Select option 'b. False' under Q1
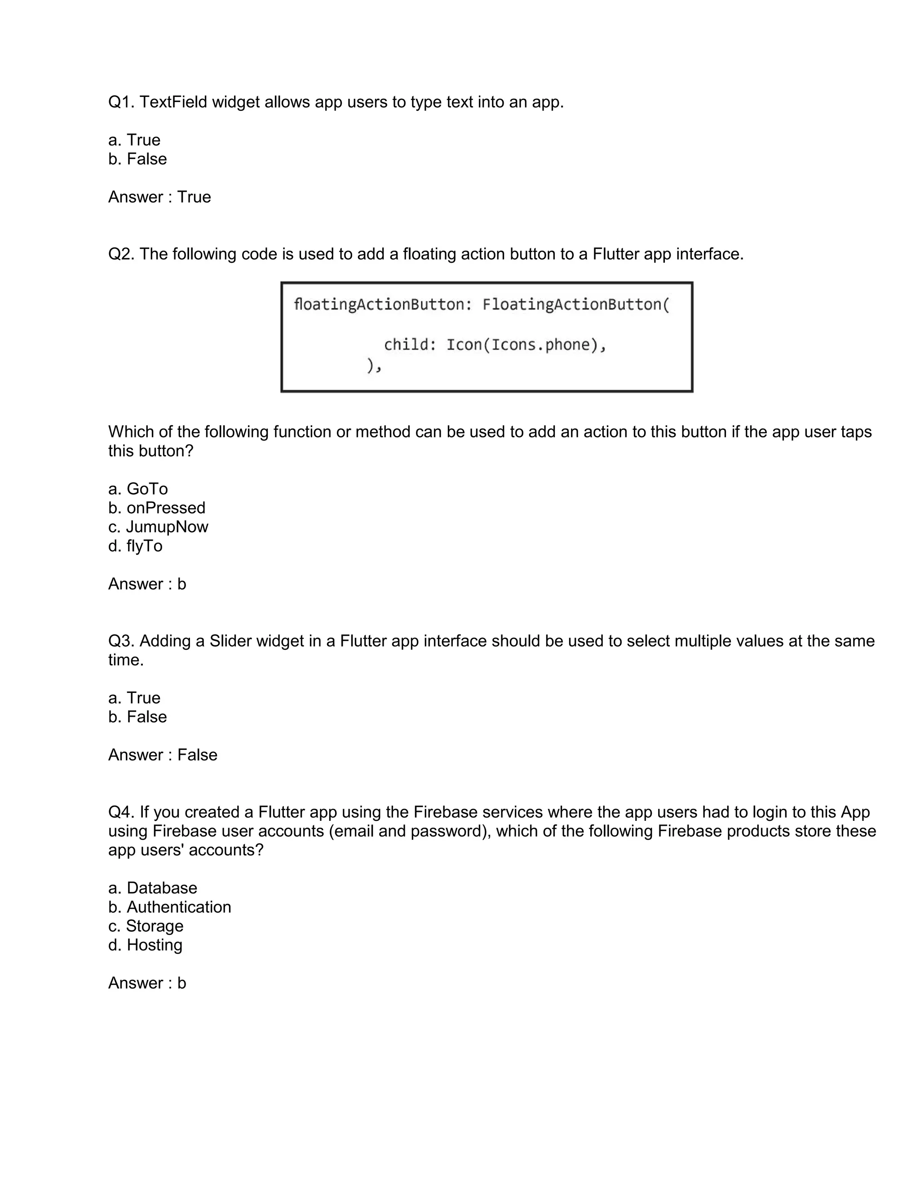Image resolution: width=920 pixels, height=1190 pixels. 137,159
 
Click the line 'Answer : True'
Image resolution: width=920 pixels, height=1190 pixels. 159,197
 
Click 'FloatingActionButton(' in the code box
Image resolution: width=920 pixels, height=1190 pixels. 575,304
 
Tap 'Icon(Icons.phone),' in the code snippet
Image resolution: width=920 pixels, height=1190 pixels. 526,345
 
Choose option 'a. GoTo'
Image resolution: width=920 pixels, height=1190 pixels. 138,489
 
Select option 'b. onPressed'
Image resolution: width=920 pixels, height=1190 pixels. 156,508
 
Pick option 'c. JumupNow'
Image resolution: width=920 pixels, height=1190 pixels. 158,527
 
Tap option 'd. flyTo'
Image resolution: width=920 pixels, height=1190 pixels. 135,546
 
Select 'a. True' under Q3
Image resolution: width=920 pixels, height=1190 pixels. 134,698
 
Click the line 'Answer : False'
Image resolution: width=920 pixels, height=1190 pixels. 163,755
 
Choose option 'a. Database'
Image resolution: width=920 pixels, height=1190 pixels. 153,888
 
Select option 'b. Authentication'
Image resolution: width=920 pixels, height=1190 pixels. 169,907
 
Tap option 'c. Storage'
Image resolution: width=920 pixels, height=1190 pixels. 146,926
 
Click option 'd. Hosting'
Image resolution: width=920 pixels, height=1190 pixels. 145,945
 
